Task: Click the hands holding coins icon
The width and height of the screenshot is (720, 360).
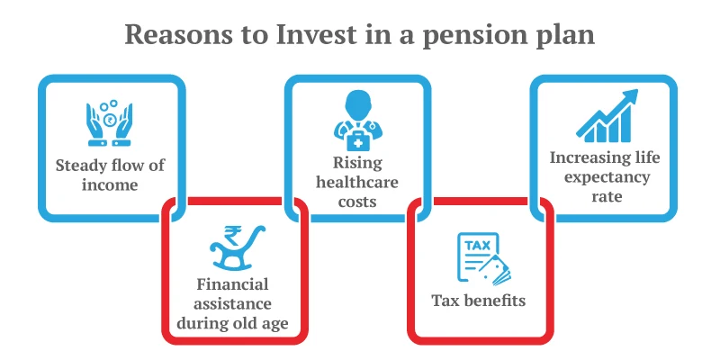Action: coord(111,121)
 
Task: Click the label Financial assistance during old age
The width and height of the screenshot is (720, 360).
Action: coord(234,301)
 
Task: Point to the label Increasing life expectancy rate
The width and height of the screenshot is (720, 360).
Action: coord(605,176)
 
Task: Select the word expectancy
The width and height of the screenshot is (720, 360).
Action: coord(605,176)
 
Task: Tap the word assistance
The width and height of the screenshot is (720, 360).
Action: coord(234,302)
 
